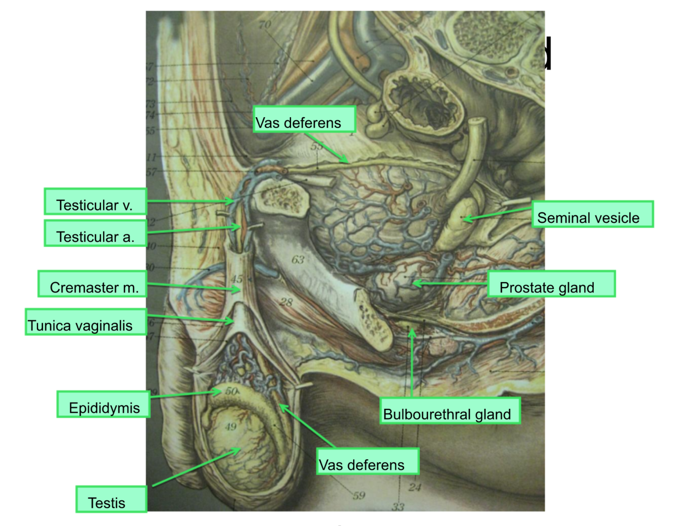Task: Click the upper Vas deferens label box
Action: point(304,120)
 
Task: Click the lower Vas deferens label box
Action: point(368,462)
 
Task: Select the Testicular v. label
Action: point(95,202)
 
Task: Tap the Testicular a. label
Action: point(95,234)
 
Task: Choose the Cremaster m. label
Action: point(92,284)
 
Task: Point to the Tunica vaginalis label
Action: point(86,323)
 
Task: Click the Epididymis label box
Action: point(104,405)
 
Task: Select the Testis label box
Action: point(111,500)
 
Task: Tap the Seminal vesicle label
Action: point(592,215)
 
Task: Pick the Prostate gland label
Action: point(551,284)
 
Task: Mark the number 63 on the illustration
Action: point(298,260)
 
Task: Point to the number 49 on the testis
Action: point(230,427)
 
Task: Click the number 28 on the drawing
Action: point(286,302)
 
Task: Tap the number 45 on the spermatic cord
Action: point(237,279)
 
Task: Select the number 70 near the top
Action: point(265,24)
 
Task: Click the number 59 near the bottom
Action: point(359,496)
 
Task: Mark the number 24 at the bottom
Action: point(414,488)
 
